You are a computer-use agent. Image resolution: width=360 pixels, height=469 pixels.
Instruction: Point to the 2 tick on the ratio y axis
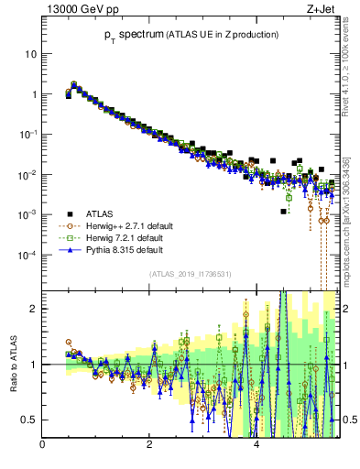click(x=33, y=309)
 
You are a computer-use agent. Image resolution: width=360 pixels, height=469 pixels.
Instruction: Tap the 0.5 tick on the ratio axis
click(x=29, y=420)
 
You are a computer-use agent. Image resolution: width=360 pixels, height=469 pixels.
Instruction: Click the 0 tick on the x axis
click(x=43, y=445)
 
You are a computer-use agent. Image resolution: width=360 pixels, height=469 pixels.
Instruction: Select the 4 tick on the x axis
click(x=256, y=445)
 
